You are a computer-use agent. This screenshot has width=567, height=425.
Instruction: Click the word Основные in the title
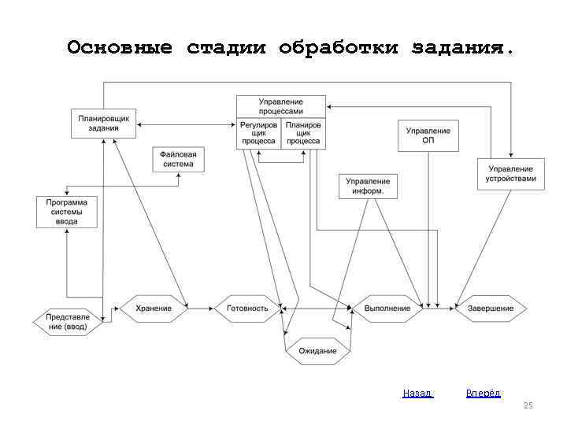pyautogui.click(x=120, y=48)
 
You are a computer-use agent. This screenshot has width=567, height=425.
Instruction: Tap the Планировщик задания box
pyautogui.click(x=104, y=123)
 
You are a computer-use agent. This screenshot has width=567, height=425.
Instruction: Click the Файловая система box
pyautogui.click(x=179, y=159)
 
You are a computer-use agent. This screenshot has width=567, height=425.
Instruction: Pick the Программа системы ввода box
pyautogui.click(x=67, y=212)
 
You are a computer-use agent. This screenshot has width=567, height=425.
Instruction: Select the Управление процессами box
pyautogui.click(x=281, y=106)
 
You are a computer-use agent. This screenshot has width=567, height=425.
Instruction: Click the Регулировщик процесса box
pyautogui.click(x=258, y=133)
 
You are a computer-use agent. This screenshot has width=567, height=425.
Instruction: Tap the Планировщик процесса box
pyautogui.click(x=303, y=133)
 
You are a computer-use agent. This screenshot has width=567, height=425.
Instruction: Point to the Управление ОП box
pyautogui.click(x=428, y=135)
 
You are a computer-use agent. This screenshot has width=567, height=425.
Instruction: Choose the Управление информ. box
pyautogui.click(x=368, y=186)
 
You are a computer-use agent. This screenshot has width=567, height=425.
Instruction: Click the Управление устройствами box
pyautogui.click(x=510, y=174)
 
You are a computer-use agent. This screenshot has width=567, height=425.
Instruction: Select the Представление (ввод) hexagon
pyautogui.click(x=68, y=321)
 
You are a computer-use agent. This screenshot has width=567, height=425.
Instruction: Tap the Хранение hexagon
pyautogui.click(x=153, y=308)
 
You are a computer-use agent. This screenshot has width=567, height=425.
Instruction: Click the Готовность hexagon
pyautogui.click(x=247, y=308)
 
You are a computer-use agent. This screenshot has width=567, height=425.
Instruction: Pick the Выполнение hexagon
pyautogui.click(x=387, y=308)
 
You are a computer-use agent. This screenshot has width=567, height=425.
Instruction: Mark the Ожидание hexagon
pyautogui.click(x=317, y=350)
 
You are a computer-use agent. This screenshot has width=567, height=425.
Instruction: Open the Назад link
pyautogui.click(x=417, y=393)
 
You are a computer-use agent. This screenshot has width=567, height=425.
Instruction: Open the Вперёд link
pyautogui.click(x=483, y=393)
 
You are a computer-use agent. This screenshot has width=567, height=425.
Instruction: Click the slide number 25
pyautogui.click(x=528, y=405)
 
